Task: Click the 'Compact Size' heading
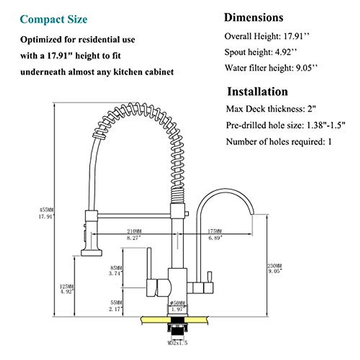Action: click(x=53, y=19)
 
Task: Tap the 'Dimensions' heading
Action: click(x=253, y=18)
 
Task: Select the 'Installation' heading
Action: click(x=257, y=91)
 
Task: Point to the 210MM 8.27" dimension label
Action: click(x=134, y=234)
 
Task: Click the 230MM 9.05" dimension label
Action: click(x=274, y=268)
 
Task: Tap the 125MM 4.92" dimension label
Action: click(x=67, y=289)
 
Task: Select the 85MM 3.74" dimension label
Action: click(x=116, y=270)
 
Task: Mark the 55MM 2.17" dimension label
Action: click(x=116, y=306)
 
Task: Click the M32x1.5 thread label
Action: click(x=178, y=343)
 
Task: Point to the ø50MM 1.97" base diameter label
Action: click(x=177, y=306)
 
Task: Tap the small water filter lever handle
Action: click(x=209, y=276)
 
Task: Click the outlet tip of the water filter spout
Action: click(x=253, y=214)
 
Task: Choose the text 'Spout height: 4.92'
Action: click(x=261, y=52)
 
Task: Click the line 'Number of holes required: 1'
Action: click(x=279, y=142)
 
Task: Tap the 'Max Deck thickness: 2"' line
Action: click(x=271, y=109)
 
